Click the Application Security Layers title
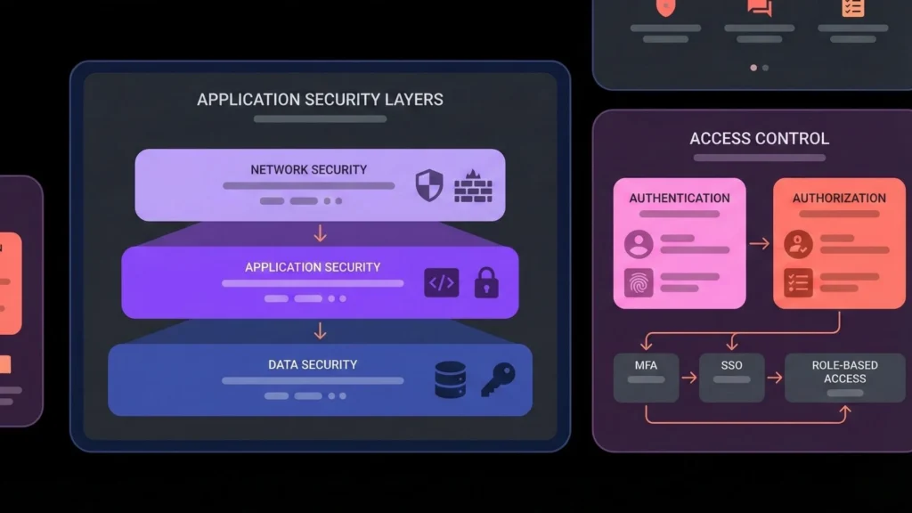click(320, 99)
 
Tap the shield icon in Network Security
click(429, 185)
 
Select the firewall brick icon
click(473, 186)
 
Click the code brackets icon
click(441, 283)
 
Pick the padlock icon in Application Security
click(486, 282)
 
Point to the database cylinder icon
click(450, 379)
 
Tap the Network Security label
click(308, 169)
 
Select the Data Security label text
click(313, 364)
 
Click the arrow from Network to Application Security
click(320, 233)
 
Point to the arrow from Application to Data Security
click(320, 330)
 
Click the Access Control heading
click(759, 138)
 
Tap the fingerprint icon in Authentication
click(639, 282)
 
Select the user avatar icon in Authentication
click(639, 244)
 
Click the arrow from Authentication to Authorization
click(759, 243)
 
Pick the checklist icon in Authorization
click(798, 282)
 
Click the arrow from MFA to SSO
click(688, 378)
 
